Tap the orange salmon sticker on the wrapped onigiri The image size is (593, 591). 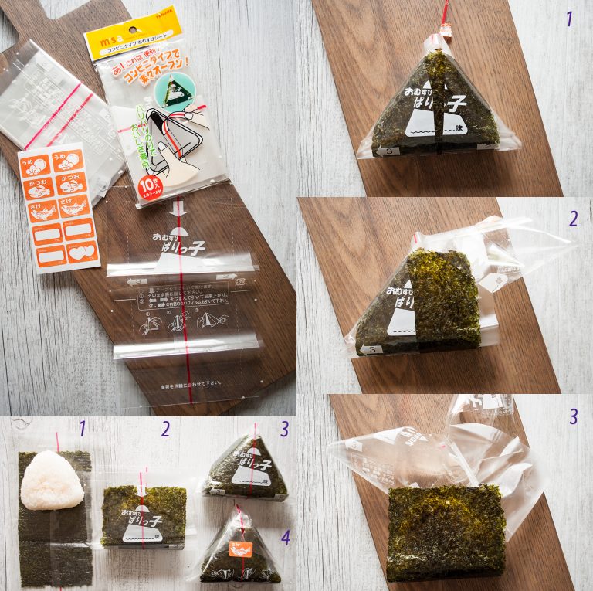click(x=239, y=551)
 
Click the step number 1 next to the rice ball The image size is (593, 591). click(x=82, y=427)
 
